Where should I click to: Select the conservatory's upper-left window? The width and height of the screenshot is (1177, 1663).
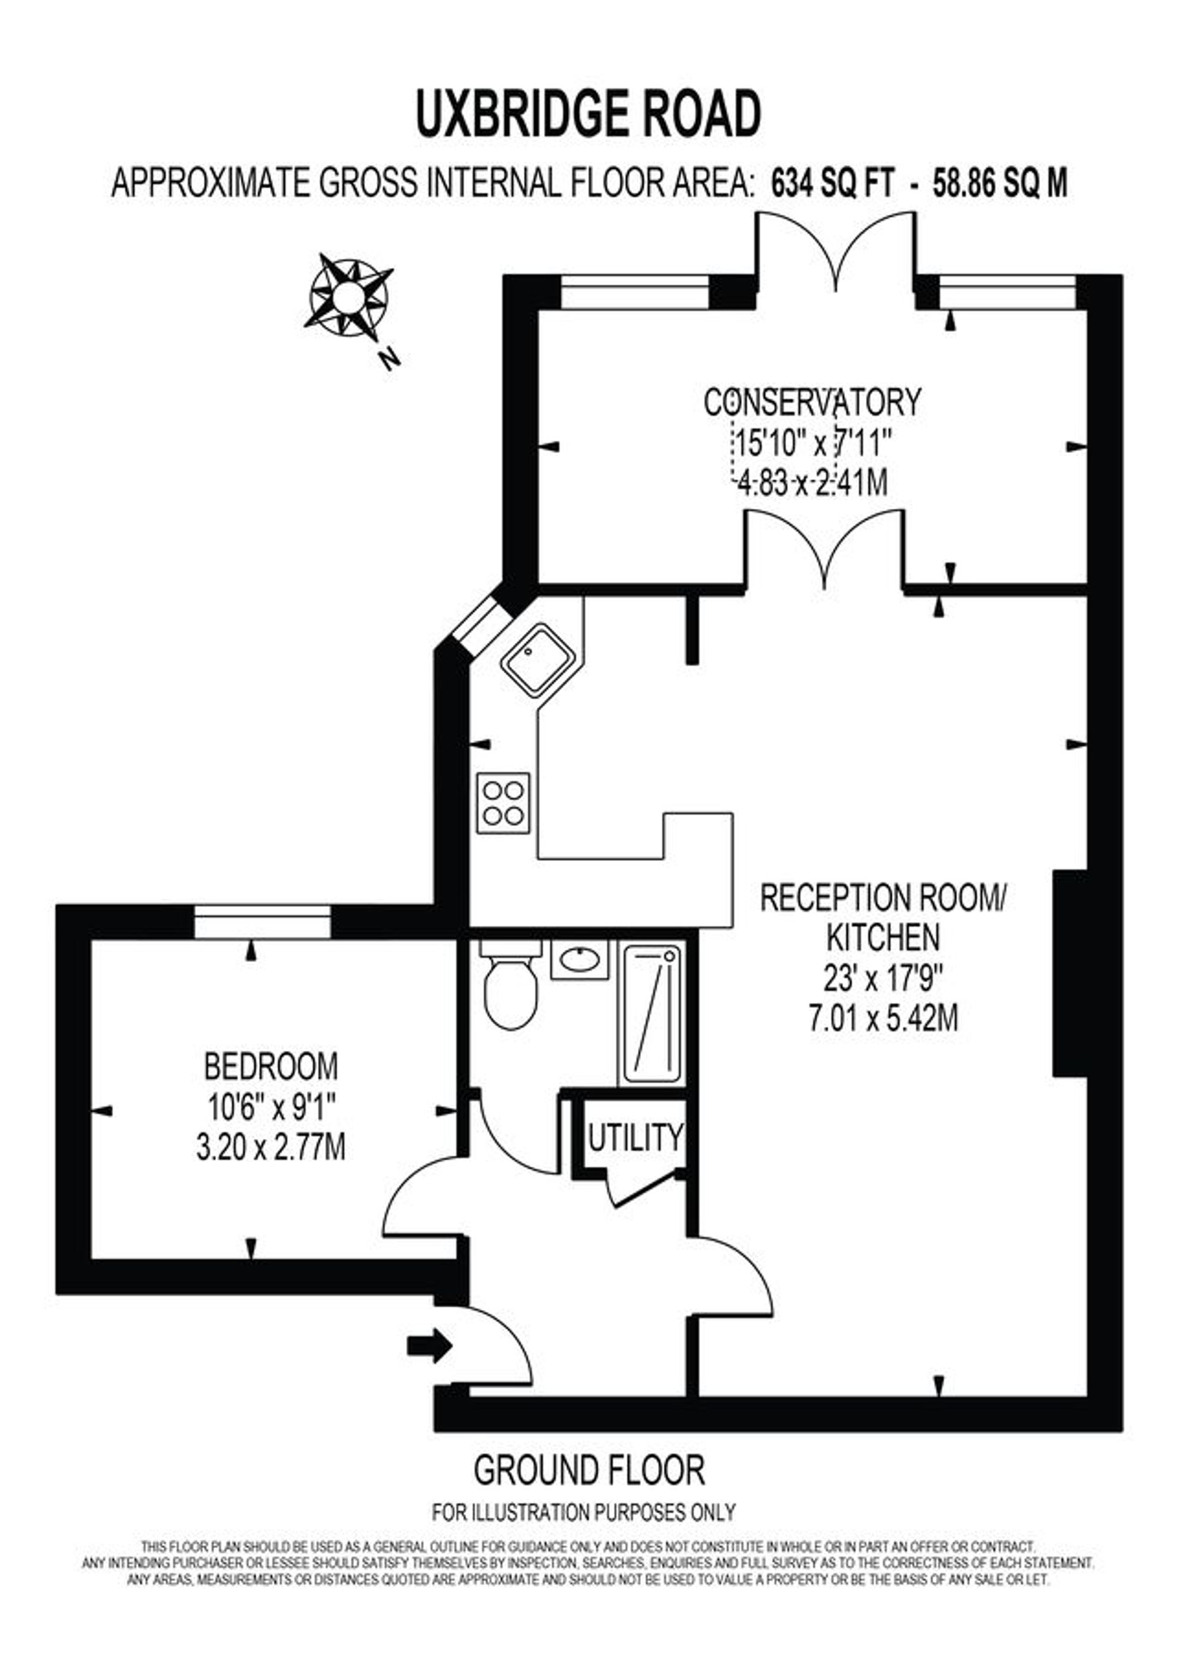coord(635,292)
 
